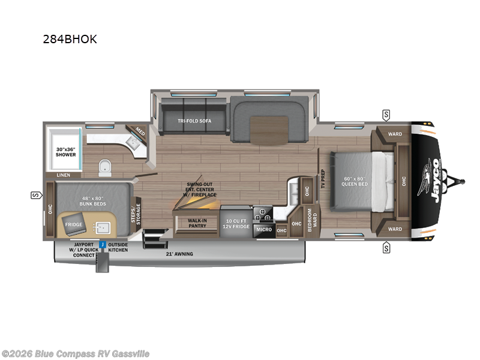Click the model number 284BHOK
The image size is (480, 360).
tap(70, 40)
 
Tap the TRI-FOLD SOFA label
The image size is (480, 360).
tap(193, 120)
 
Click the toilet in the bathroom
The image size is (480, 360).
tap(106, 166)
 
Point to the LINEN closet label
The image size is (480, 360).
tap(64, 175)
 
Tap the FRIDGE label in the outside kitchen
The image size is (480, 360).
tap(74, 224)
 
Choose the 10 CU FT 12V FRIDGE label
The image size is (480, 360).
tap(235, 223)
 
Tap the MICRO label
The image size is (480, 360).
tap(264, 229)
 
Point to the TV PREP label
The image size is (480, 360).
tap(322, 178)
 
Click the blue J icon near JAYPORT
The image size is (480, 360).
tap(103, 245)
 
